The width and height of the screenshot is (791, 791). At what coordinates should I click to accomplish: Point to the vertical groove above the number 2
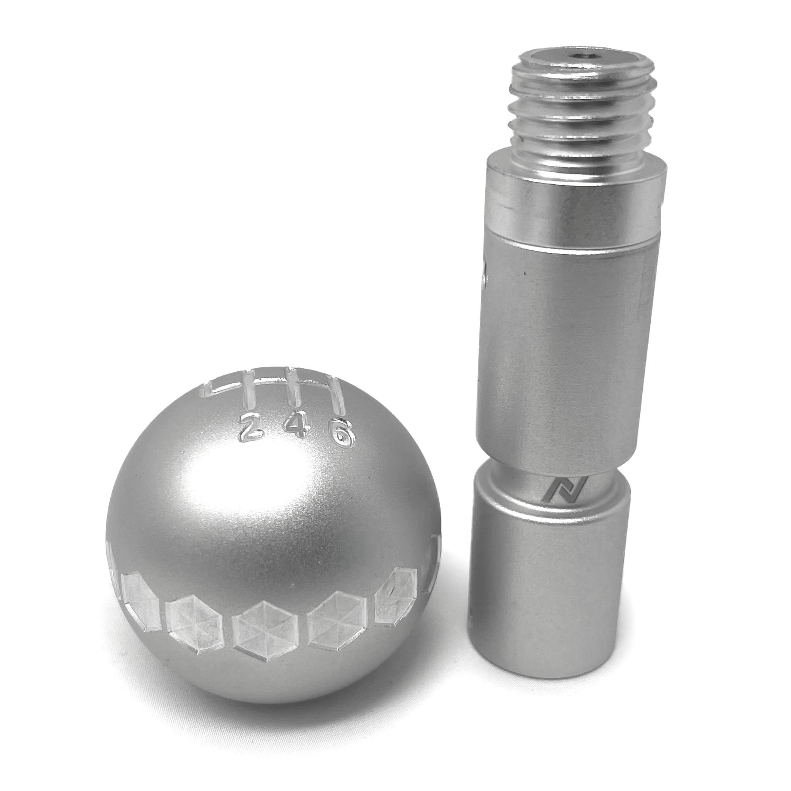pyautogui.click(x=248, y=389)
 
